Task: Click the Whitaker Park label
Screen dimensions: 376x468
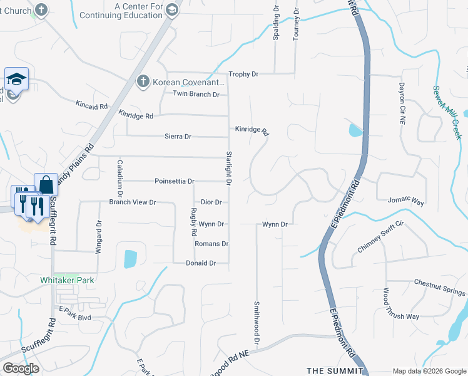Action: pos(67,280)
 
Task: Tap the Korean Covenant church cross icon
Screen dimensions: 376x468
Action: pos(143,82)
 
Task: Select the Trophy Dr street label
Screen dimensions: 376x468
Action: pos(243,74)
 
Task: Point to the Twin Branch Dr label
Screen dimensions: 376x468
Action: pos(196,95)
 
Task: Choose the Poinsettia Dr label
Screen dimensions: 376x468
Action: pos(175,181)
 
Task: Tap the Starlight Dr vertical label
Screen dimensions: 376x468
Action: pos(229,168)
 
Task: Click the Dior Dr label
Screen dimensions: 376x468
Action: pos(211,202)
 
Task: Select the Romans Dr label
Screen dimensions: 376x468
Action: pos(211,244)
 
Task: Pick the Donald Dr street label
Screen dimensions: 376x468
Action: pos(201,263)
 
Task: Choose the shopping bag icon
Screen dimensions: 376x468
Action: pos(46,184)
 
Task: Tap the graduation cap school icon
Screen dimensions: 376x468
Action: pos(16,79)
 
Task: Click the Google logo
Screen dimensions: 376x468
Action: pos(21,368)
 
